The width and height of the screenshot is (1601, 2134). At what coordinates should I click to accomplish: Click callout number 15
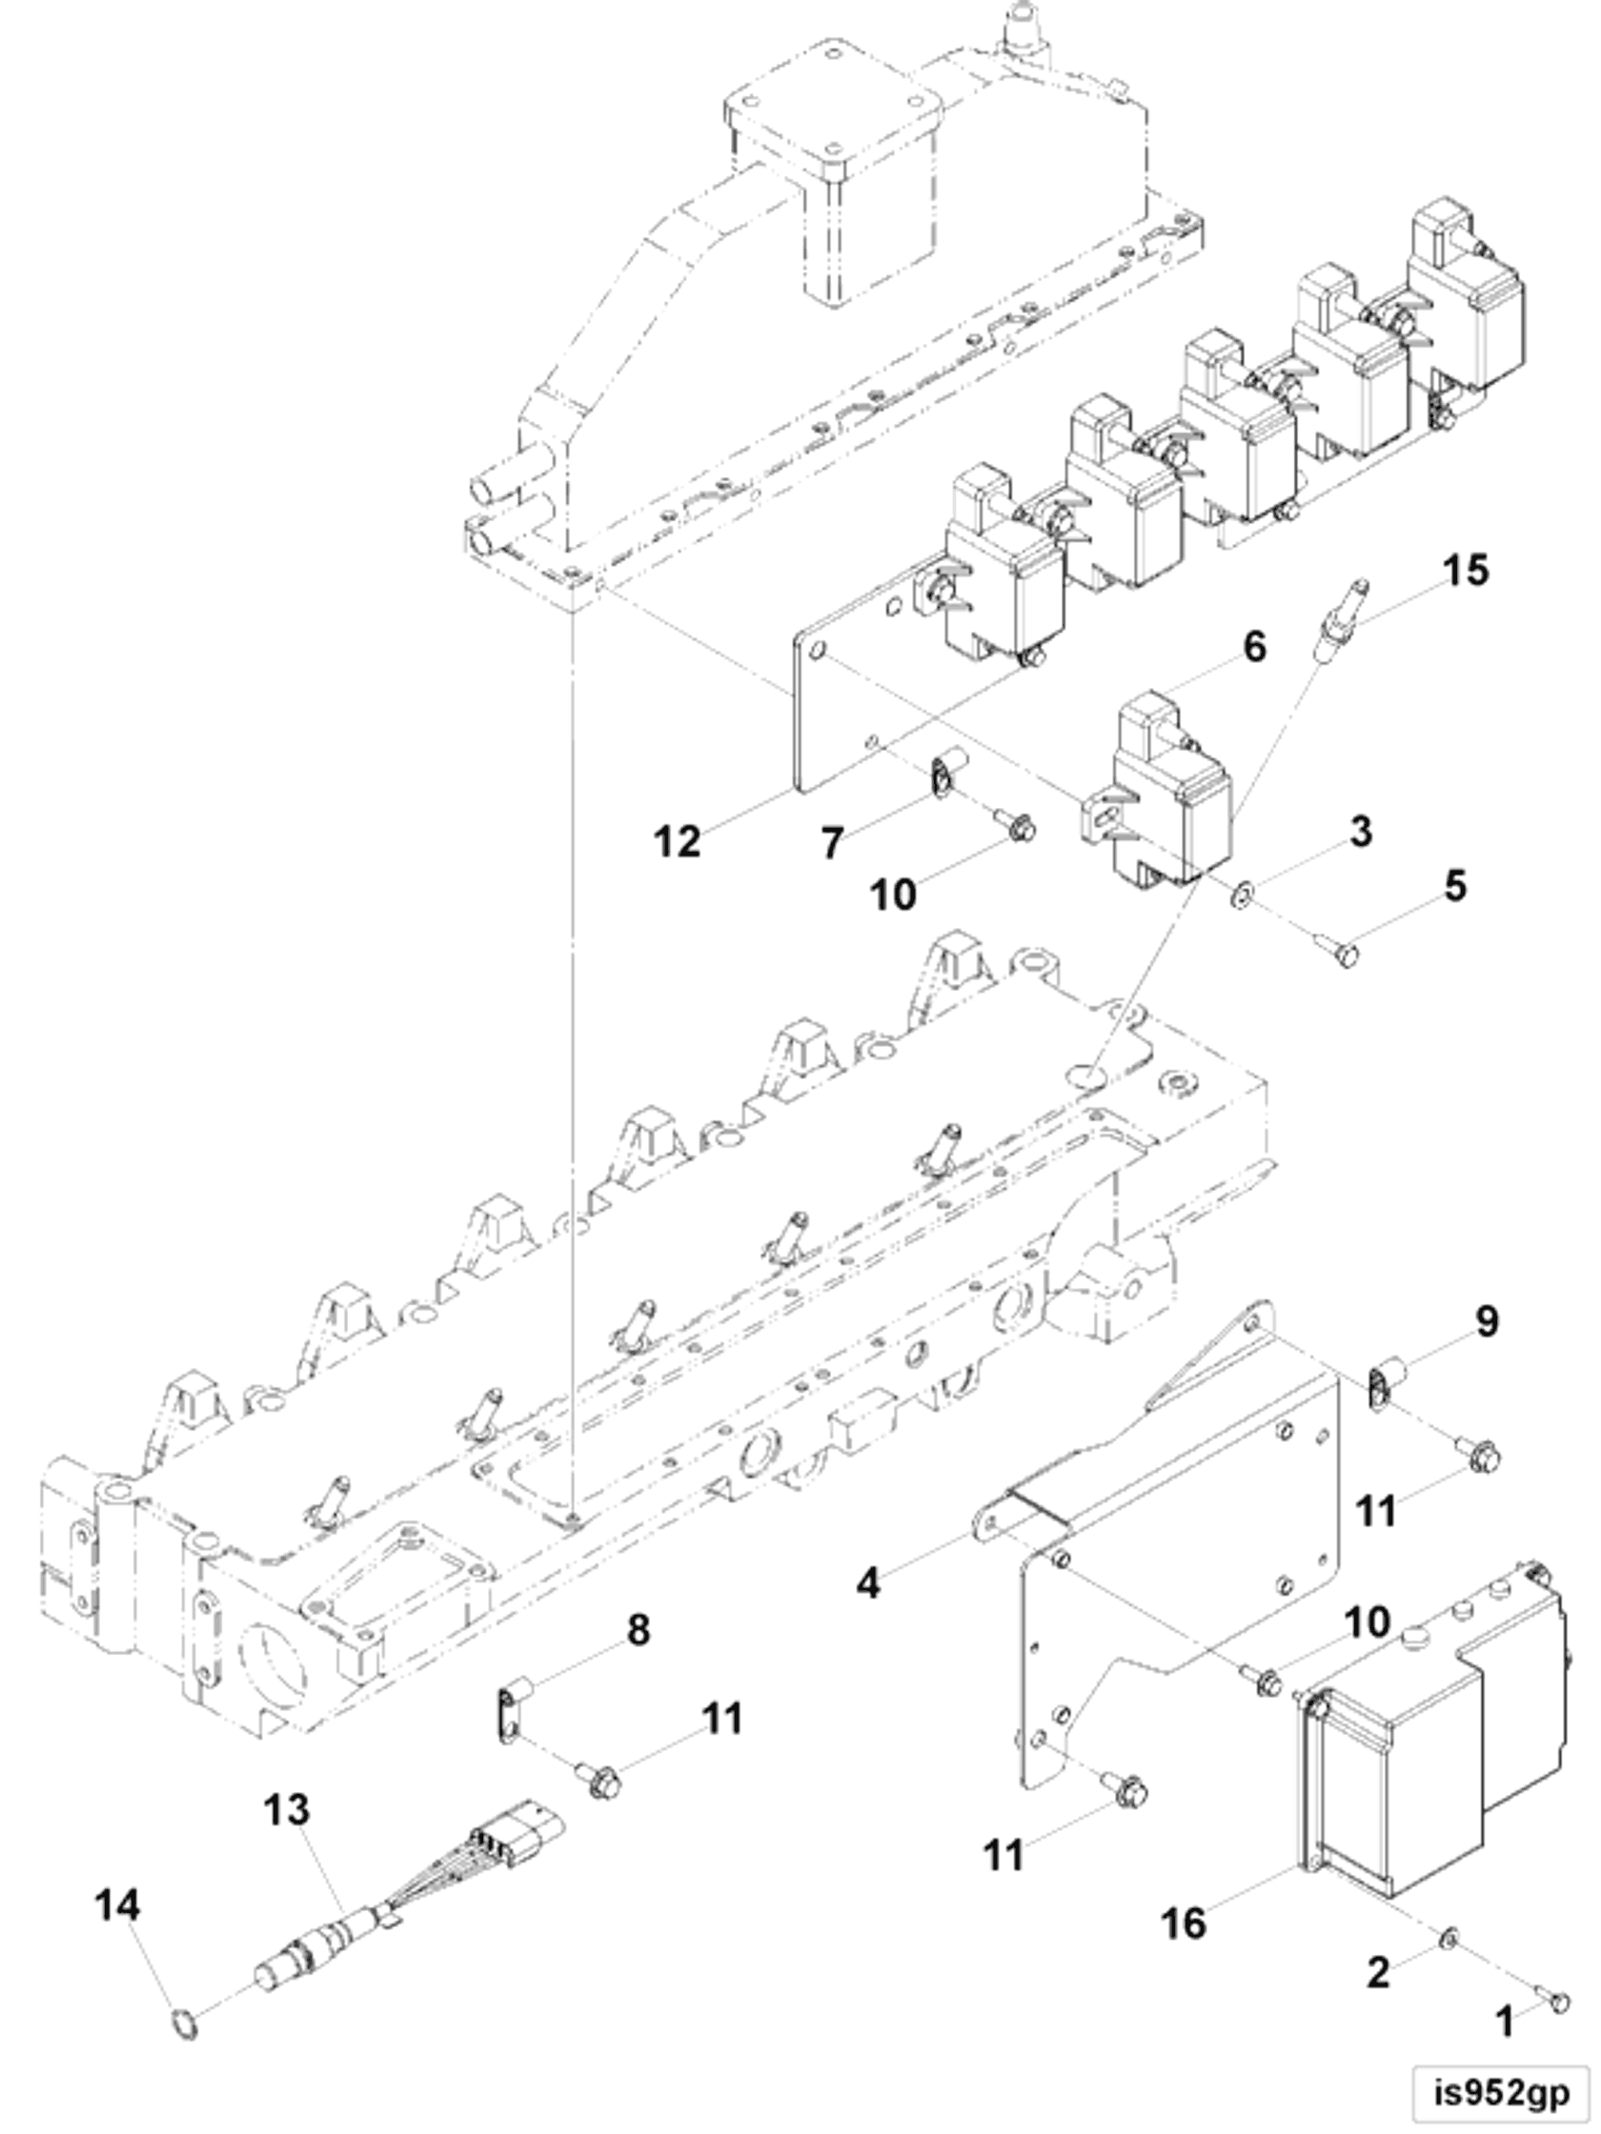pos(1465,570)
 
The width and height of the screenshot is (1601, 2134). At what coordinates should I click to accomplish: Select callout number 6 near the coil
pos(1253,647)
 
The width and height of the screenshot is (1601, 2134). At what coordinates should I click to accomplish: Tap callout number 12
pos(677,841)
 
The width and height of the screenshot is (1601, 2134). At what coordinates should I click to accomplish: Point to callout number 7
pos(832,844)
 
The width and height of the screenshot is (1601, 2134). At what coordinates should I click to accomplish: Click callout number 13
pos(288,1811)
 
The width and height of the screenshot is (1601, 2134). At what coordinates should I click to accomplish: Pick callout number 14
pos(118,1905)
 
